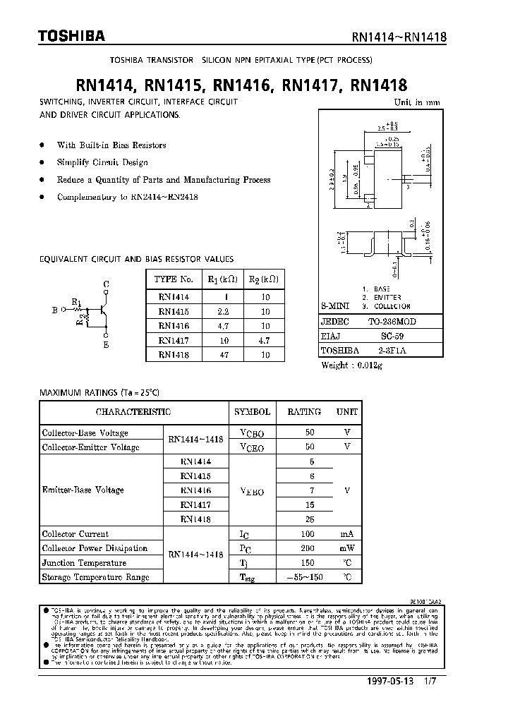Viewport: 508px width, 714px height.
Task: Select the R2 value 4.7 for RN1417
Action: tap(265, 341)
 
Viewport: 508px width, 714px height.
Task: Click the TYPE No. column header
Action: tap(174, 279)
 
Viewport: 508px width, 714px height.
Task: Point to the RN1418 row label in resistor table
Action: tap(174, 356)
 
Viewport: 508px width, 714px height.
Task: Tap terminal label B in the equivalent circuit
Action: tap(55, 309)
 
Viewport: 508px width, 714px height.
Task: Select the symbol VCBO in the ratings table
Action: tap(252, 432)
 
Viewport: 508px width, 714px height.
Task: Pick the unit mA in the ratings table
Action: tap(346, 534)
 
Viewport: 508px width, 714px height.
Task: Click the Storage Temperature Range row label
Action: tap(96, 577)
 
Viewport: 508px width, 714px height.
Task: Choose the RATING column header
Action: tap(303, 411)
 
